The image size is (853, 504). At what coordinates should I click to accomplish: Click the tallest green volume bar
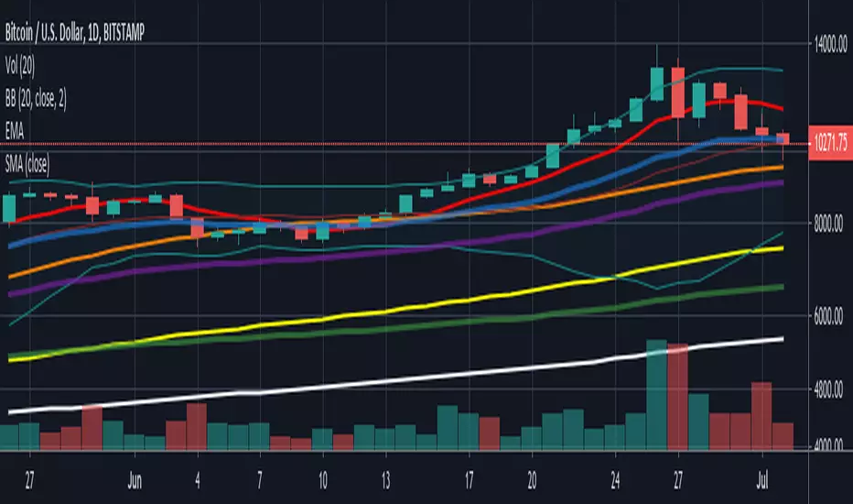(x=656, y=395)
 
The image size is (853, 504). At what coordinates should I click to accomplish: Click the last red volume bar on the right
(x=783, y=436)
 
